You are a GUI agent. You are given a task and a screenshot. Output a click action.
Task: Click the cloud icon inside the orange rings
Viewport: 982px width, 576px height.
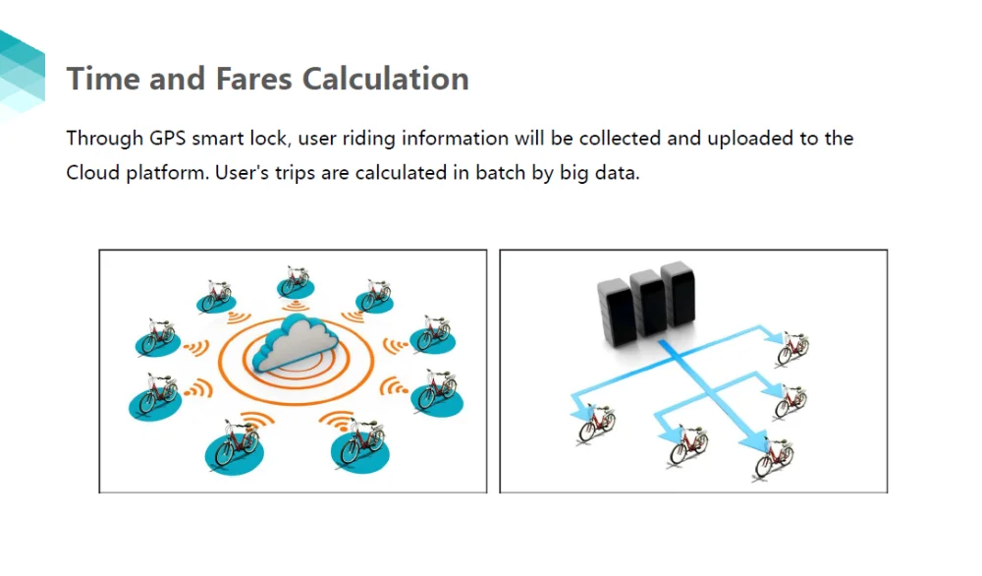294,345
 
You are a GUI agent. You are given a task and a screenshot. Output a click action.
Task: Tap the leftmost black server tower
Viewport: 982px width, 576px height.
616,312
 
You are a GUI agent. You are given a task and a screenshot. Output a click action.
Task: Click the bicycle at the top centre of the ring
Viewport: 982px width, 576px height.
295,281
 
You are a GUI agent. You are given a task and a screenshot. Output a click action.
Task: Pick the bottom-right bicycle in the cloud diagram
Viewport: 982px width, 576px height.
359,444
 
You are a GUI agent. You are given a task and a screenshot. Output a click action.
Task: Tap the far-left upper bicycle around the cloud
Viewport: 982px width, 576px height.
157,337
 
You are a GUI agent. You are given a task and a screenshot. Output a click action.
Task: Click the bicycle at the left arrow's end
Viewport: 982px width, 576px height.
596,424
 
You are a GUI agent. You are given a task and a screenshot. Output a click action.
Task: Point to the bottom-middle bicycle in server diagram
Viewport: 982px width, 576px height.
687,444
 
